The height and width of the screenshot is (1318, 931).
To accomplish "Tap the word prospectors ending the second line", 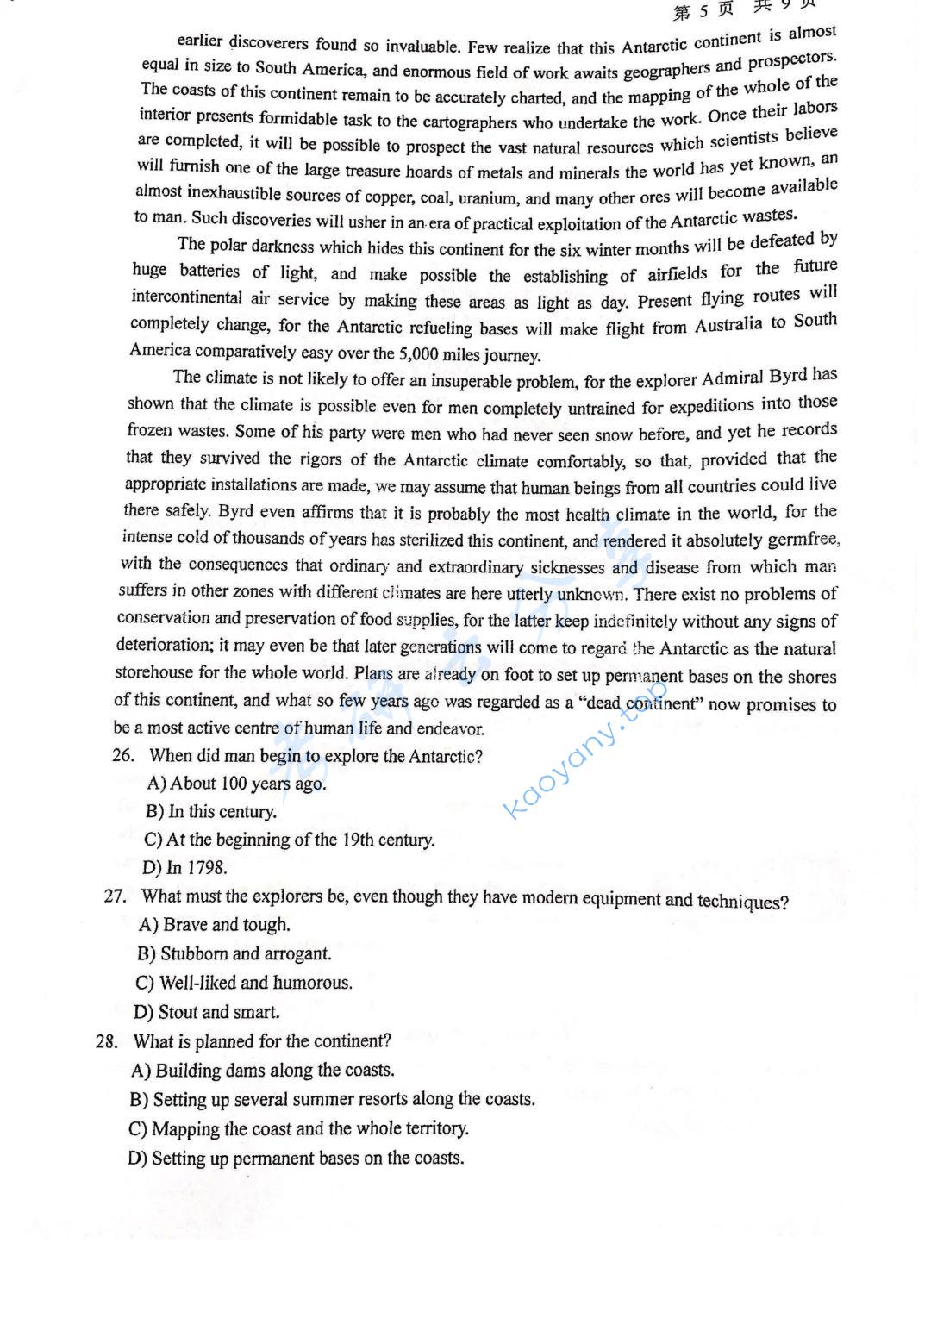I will point(790,61).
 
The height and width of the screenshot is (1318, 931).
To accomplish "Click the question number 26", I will point(123,756).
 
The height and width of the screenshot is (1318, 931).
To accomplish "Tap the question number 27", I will point(116,896).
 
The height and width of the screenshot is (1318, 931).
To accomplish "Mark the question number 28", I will point(107,1040).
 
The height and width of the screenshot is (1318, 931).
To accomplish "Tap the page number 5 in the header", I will point(703,10).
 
